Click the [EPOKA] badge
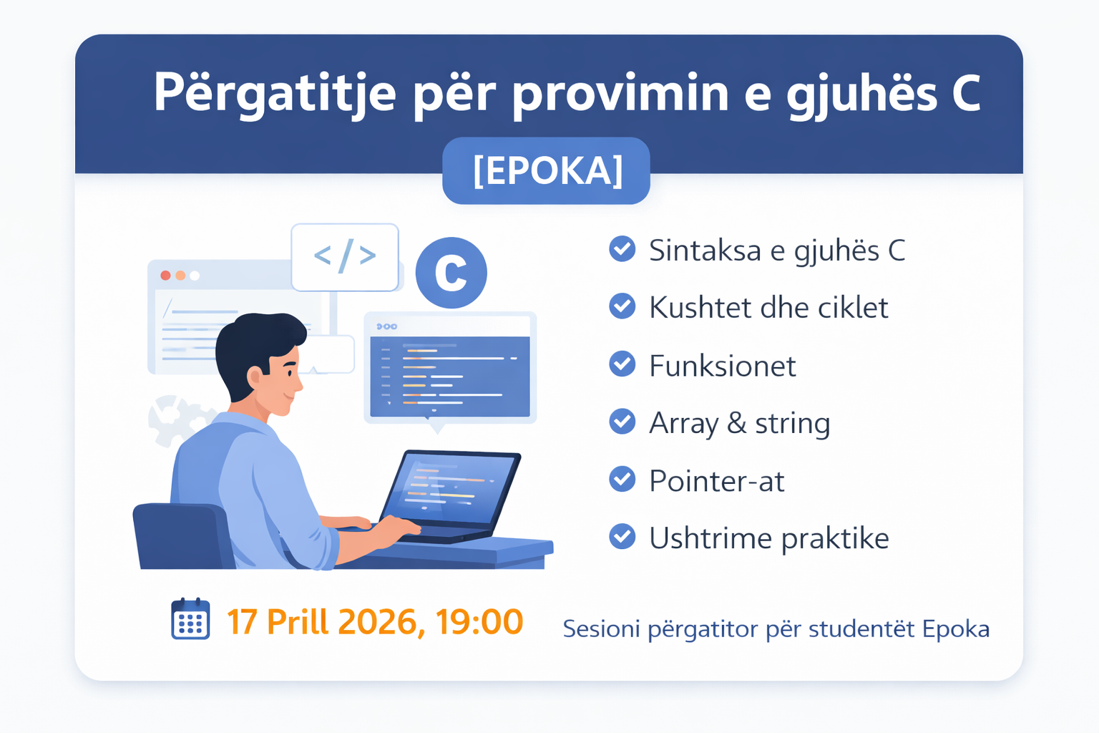pos(546,171)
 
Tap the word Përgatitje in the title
pos(274,93)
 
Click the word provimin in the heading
pos(620,93)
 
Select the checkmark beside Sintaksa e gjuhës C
pos(622,249)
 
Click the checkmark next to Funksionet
pos(622,364)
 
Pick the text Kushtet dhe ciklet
pos(768,308)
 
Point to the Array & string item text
pos(739,423)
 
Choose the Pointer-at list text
pos(716,481)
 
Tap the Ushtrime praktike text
pos(768,538)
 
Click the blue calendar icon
pos(190,620)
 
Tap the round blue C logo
pos(451,273)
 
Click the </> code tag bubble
pos(345,256)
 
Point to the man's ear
pos(255,377)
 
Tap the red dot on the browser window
pos(165,276)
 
